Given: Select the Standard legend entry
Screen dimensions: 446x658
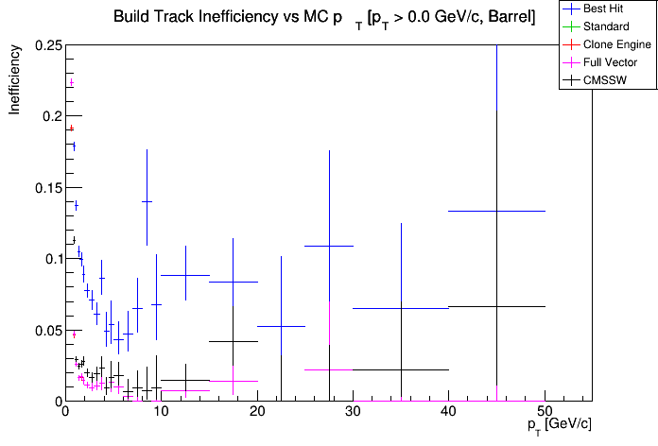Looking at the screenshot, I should (606, 26).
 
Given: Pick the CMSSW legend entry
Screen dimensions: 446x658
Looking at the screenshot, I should (606, 80).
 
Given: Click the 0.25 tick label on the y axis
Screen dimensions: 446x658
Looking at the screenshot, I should (47, 45).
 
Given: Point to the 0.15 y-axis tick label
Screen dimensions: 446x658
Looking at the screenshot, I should (47, 187).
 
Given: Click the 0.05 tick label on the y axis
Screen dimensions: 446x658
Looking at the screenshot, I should (47, 330).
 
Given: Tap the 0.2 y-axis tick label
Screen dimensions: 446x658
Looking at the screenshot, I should (51, 116).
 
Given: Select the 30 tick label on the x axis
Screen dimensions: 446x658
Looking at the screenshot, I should (352, 412).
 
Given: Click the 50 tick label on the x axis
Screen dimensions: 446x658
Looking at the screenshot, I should (544, 412).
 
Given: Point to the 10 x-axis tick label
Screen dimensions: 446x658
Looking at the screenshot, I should (160, 412).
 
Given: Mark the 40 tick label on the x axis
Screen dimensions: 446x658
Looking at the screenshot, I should (448, 412).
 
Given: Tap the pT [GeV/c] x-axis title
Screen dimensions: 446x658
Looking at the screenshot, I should (563, 425).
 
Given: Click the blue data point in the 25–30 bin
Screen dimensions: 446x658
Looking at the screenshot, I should (329, 246).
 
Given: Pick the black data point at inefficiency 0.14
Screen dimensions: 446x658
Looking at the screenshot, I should (147, 201).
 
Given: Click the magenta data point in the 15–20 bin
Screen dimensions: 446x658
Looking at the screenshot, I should (234, 381).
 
